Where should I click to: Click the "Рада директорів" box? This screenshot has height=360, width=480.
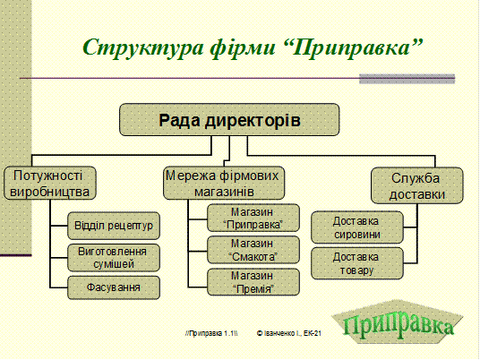pyautogui.click(x=229, y=120)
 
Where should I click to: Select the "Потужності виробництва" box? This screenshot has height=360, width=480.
pyautogui.click(x=50, y=183)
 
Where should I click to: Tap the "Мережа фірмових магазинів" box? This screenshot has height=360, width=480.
pyautogui.click(x=224, y=183)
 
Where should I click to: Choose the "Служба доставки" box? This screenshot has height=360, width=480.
pyautogui.click(x=417, y=185)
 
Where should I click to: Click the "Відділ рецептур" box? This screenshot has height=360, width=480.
pyautogui.click(x=114, y=226)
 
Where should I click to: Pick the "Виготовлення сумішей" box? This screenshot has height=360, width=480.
pyautogui.click(x=114, y=258)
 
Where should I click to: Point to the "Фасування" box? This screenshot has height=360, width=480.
pyautogui.click(x=114, y=287)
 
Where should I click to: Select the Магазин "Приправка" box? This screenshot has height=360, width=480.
pyautogui.click(x=253, y=218)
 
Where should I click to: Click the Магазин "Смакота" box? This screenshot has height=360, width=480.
pyautogui.click(x=253, y=250)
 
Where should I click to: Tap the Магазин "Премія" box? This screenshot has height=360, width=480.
pyautogui.click(x=253, y=282)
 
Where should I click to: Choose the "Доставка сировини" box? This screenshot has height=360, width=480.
pyautogui.click(x=357, y=227)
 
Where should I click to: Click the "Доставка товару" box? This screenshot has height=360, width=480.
pyautogui.click(x=357, y=263)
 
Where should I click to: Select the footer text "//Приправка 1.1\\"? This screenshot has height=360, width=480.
pyautogui.click(x=211, y=333)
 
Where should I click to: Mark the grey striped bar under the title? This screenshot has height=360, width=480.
pyautogui.click(x=407, y=79)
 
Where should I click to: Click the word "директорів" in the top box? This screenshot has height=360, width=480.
pyautogui.click(x=253, y=120)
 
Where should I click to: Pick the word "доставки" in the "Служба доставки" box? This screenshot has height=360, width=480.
pyautogui.click(x=417, y=194)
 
